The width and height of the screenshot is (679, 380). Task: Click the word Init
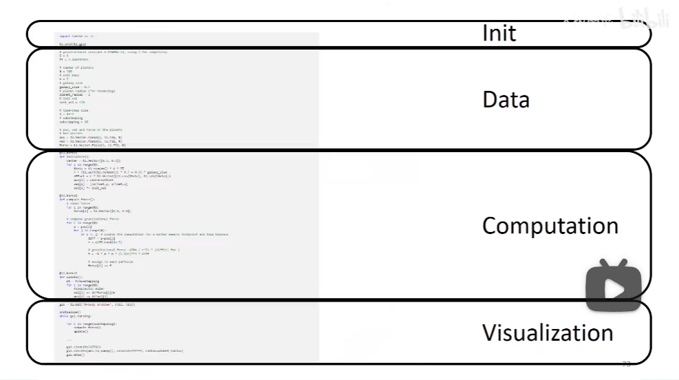[499, 33]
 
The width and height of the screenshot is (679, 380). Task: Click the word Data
[506, 100]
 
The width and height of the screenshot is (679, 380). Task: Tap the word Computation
[550, 226]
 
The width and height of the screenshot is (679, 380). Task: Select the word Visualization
[547, 333]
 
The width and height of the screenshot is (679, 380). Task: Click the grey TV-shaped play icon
[614, 285]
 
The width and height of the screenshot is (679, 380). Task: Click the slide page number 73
[626, 363]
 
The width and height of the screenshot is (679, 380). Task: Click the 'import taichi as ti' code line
[76, 36]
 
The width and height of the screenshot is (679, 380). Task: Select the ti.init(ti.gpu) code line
[72, 44]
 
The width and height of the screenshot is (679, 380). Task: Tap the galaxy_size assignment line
[75, 87]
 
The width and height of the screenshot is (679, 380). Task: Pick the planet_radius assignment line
[75, 94]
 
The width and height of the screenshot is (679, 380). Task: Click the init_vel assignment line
[72, 102]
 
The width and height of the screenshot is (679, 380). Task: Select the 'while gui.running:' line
[75, 315]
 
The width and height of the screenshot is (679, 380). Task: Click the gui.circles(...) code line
[125, 350]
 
